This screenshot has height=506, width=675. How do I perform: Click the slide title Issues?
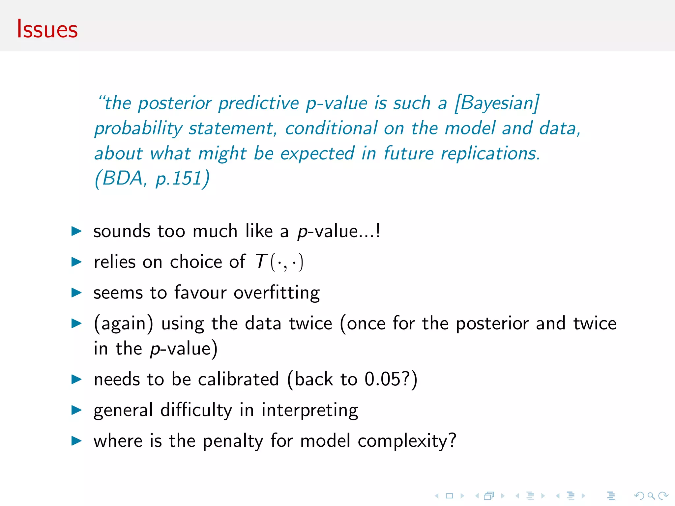(x=47, y=29)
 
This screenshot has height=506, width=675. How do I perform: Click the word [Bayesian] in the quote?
(x=496, y=103)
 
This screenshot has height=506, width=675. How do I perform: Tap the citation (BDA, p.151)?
(x=152, y=179)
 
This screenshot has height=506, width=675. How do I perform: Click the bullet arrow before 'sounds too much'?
(x=76, y=231)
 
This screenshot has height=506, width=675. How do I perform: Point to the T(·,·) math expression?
(x=279, y=262)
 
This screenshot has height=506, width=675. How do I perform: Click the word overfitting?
(x=277, y=293)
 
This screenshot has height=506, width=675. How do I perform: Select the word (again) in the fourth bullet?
(x=124, y=323)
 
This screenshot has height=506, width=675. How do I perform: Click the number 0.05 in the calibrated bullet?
(x=382, y=379)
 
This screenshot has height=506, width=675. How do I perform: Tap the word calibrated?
(x=238, y=379)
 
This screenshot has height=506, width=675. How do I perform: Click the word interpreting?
(x=310, y=410)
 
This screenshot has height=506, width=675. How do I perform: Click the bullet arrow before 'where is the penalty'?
(x=76, y=441)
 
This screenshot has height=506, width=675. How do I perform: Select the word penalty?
(x=233, y=441)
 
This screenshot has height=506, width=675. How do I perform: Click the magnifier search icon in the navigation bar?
(x=651, y=496)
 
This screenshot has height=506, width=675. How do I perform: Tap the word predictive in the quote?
(x=258, y=103)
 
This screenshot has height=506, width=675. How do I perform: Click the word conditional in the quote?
(x=331, y=128)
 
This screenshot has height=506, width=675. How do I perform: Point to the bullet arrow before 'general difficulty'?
(x=76, y=410)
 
